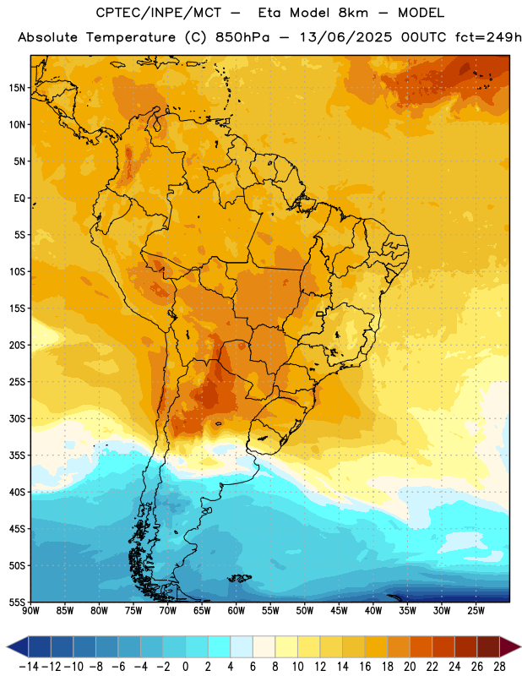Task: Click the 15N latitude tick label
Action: click(17, 88)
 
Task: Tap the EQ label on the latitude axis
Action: click(19, 199)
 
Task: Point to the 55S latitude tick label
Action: click(17, 602)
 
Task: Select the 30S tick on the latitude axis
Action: click(17, 418)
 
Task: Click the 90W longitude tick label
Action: click(30, 610)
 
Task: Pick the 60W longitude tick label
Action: click(237, 610)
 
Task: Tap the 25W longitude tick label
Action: click(476, 610)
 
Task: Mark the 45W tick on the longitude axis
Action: click(339, 610)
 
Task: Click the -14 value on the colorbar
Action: click(29, 667)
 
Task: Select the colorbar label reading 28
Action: click(499, 667)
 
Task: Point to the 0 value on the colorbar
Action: click(186, 667)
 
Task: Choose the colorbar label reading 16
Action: click(365, 667)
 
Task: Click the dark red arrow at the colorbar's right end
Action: click(509, 646)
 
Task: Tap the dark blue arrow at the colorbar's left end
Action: click(18, 646)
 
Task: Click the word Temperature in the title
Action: click(131, 37)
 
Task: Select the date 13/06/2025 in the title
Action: click(346, 37)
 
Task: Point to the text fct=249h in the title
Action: click(488, 37)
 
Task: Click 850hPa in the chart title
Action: click(242, 37)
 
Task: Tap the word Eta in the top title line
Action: click(269, 13)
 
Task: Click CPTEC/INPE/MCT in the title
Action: click(158, 14)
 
